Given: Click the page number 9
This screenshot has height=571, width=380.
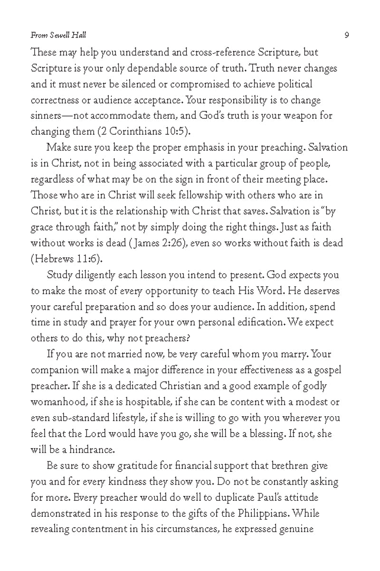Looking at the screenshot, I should (x=347, y=35).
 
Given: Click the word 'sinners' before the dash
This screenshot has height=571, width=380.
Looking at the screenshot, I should (x=47, y=115).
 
